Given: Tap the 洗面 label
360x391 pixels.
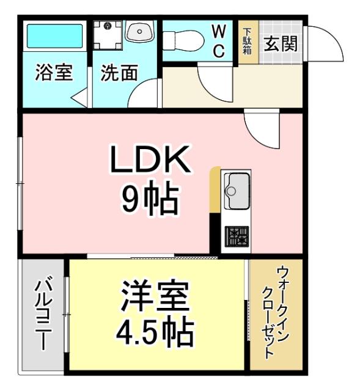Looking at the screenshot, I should click(119, 73).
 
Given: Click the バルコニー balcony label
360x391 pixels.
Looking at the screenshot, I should click(43, 314).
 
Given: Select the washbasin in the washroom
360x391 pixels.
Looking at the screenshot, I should click(140, 32).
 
